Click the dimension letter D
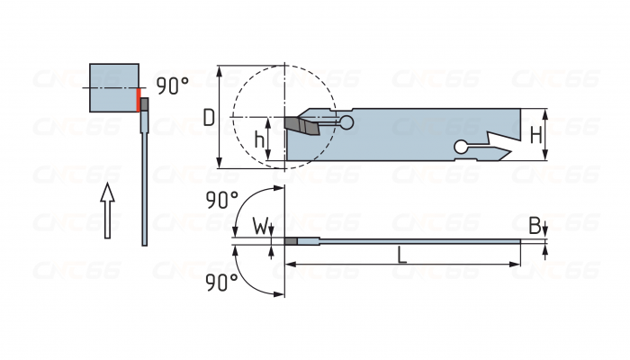(x=208, y=117)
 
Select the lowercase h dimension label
(x=259, y=139)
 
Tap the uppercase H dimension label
(x=535, y=135)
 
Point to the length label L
(x=402, y=255)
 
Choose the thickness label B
(x=534, y=225)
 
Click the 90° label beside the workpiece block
(x=172, y=86)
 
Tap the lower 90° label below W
(x=222, y=282)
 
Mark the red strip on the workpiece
(x=139, y=99)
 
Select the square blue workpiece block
(x=114, y=87)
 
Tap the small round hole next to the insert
(x=346, y=121)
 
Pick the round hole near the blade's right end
(x=462, y=148)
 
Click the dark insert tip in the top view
(x=291, y=241)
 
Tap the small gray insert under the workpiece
(x=144, y=103)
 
